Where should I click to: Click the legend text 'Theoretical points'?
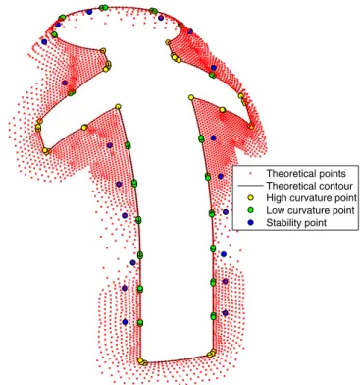[x=306, y=173]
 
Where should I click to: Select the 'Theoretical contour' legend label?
[x=309, y=186]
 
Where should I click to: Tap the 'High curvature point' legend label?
[x=311, y=198]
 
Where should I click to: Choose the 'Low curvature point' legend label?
[x=310, y=210]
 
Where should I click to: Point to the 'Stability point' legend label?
[x=296, y=223]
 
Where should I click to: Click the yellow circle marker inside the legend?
[x=251, y=197]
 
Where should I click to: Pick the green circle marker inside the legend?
[x=251, y=210]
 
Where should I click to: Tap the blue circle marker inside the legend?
[x=251, y=223]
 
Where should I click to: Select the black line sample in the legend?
[x=251, y=186]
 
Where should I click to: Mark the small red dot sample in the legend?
[x=251, y=173]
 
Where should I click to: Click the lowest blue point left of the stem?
[x=125, y=322]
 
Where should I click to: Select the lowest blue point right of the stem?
[x=225, y=313]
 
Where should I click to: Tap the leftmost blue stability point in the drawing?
[x=44, y=42]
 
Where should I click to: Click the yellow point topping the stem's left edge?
[x=118, y=106]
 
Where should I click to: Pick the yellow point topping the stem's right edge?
[x=191, y=97]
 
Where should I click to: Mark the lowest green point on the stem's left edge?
[x=140, y=323]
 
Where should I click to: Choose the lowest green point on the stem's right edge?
[x=213, y=316]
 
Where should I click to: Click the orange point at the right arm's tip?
[x=251, y=126]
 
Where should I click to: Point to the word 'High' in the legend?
[x=277, y=198]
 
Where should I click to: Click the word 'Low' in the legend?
[x=275, y=210]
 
